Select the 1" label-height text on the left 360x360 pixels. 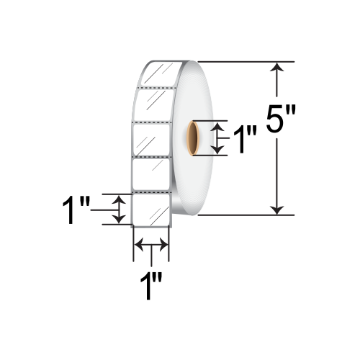pyautogui.click(x=76, y=210)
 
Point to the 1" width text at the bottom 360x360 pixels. pyautogui.click(x=151, y=287)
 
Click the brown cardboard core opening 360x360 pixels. pyautogui.click(x=193, y=138)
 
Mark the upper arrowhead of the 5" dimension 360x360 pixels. pyautogui.click(x=277, y=67)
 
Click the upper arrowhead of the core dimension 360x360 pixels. pyautogui.click(x=217, y=126)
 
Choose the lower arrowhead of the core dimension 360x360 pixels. pyautogui.click(x=217, y=150)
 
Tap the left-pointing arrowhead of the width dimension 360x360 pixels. pyautogui.click(x=139, y=245)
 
